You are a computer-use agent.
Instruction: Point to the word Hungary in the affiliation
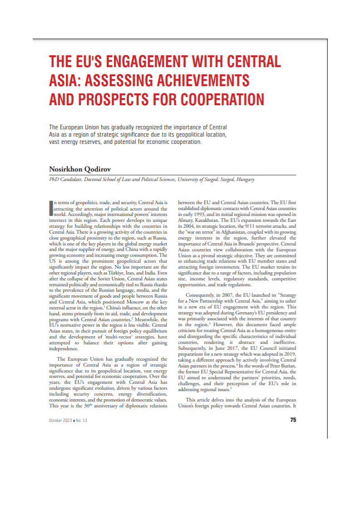245,180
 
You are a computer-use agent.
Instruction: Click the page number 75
293,420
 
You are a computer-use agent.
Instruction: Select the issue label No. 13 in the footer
82,421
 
